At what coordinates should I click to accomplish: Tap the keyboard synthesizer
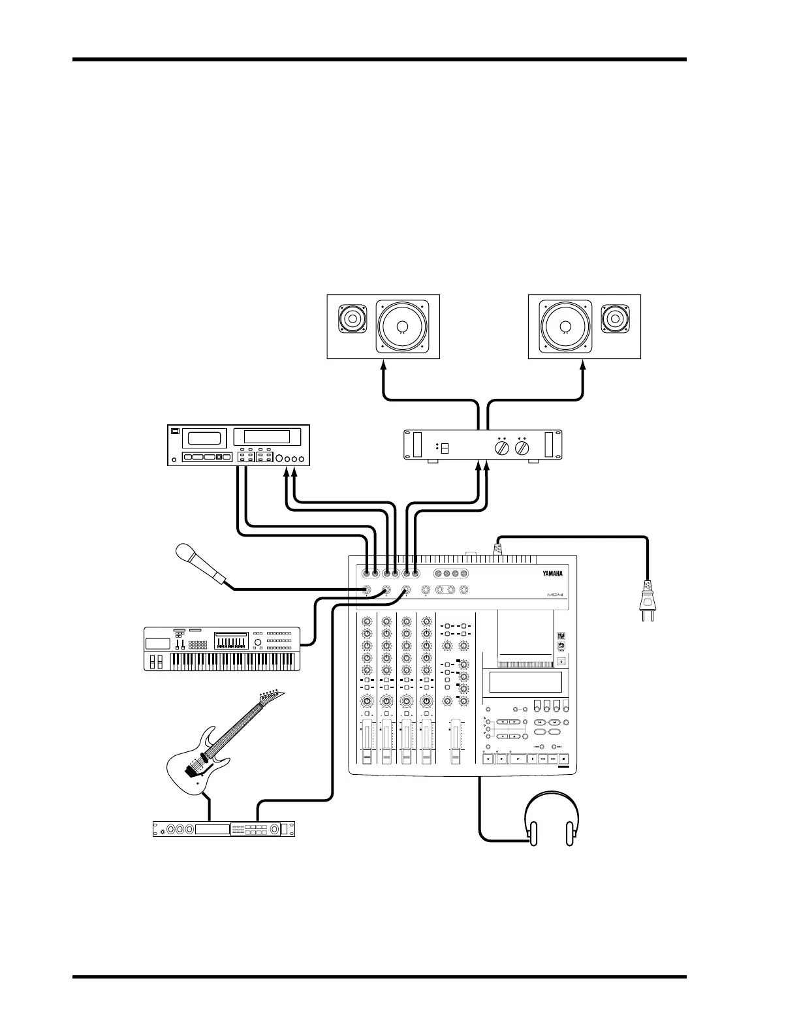click(x=221, y=649)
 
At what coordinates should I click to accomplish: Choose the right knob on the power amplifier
click(x=522, y=449)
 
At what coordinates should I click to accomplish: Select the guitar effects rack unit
click(x=223, y=829)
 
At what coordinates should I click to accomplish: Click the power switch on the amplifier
click(x=444, y=450)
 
